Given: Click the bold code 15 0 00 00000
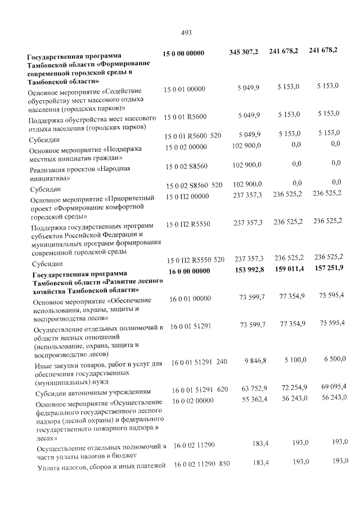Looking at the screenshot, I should coord(183,53).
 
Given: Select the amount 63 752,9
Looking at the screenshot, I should coord(254,388).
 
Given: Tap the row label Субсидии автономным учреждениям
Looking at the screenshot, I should coord(91,393).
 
